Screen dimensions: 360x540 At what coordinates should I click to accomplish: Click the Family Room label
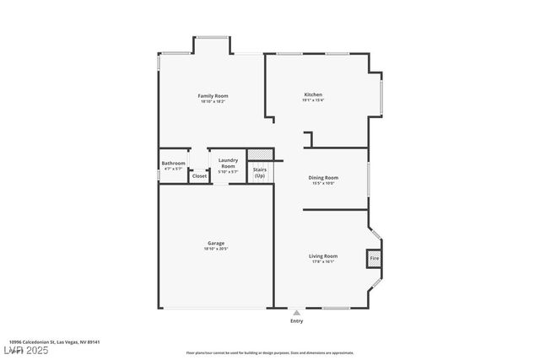(213, 96)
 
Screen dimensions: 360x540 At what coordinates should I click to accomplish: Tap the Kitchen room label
(313, 94)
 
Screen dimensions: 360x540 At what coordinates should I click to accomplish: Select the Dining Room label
(323, 178)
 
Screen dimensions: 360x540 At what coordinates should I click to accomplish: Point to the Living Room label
(322, 255)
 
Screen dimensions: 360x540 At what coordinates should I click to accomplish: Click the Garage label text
(216, 243)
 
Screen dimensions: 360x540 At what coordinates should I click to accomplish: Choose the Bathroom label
(173, 163)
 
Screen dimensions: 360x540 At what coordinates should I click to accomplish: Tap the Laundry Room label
(228, 163)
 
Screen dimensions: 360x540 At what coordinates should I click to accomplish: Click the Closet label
(199, 176)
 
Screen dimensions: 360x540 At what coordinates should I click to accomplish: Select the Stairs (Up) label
(260, 173)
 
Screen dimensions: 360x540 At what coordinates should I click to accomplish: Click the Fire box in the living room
(375, 259)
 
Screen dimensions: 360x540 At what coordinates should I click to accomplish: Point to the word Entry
(296, 320)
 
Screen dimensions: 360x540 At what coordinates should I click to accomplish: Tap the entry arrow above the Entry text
(296, 311)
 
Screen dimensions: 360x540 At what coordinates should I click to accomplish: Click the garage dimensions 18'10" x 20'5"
(216, 249)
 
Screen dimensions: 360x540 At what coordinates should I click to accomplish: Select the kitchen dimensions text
(313, 100)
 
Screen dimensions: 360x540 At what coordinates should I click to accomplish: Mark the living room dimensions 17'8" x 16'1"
(322, 261)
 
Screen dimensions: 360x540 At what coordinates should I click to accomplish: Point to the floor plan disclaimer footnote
(270, 352)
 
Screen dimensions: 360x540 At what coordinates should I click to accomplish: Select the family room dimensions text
(213, 102)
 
